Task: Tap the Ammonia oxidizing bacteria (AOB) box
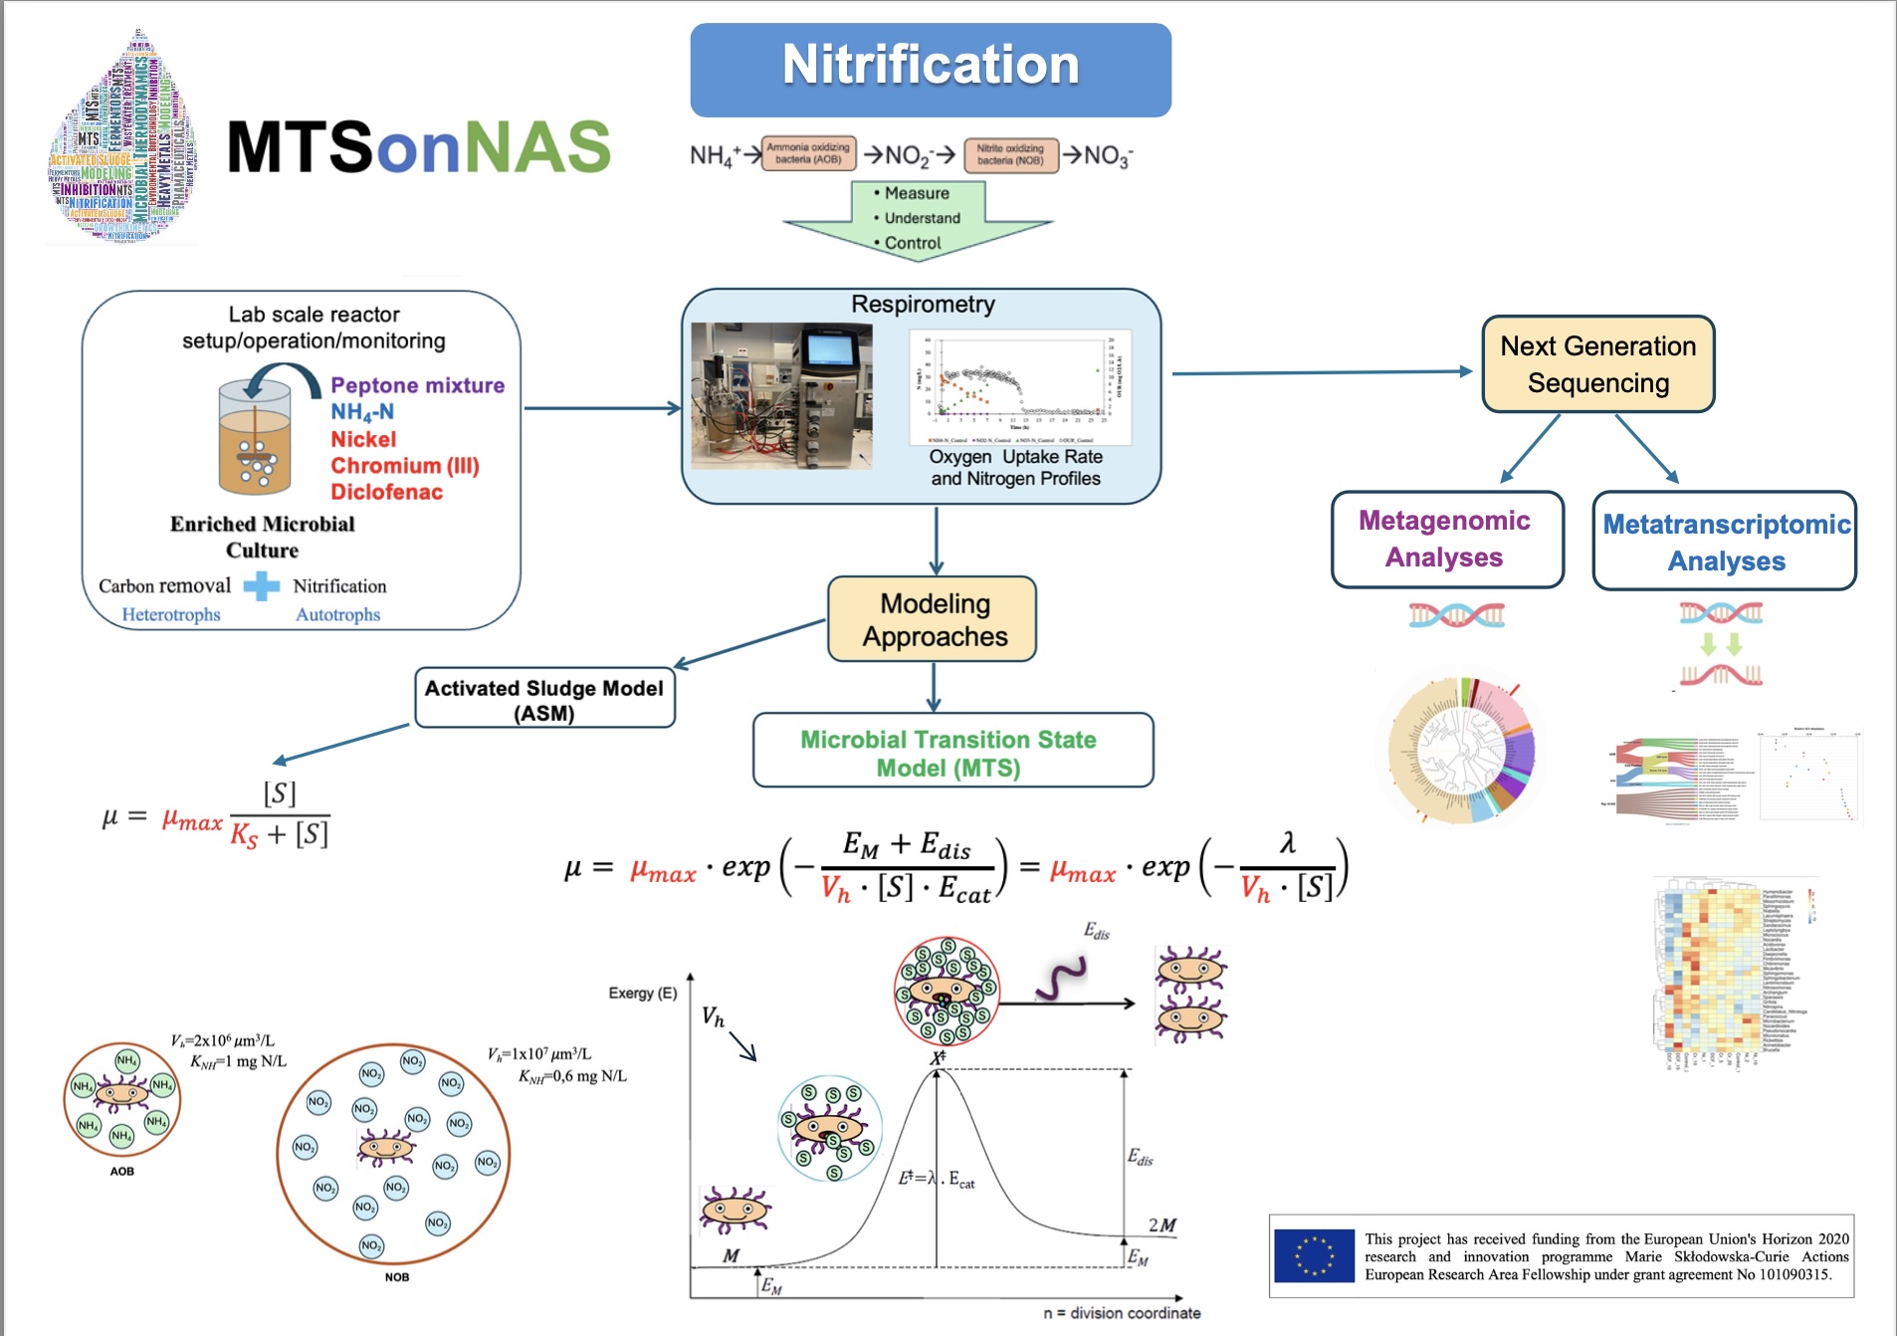(808, 154)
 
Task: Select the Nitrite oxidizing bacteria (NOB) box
(1010, 154)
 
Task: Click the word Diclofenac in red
(386, 492)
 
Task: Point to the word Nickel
(363, 439)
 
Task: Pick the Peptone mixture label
(417, 385)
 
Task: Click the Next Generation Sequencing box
(1597, 364)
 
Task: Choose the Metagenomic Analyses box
(1447, 539)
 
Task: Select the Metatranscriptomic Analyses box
(1725, 542)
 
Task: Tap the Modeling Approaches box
(933, 619)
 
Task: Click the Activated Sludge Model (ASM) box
(544, 699)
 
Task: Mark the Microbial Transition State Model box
(952, 752)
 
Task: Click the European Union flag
(1314, 1255)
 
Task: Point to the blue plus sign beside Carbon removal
(261, 586)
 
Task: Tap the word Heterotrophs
(171, 614)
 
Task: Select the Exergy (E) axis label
(643, 994)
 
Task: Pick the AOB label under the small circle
(121, 1172)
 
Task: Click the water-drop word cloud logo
(121, 139)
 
